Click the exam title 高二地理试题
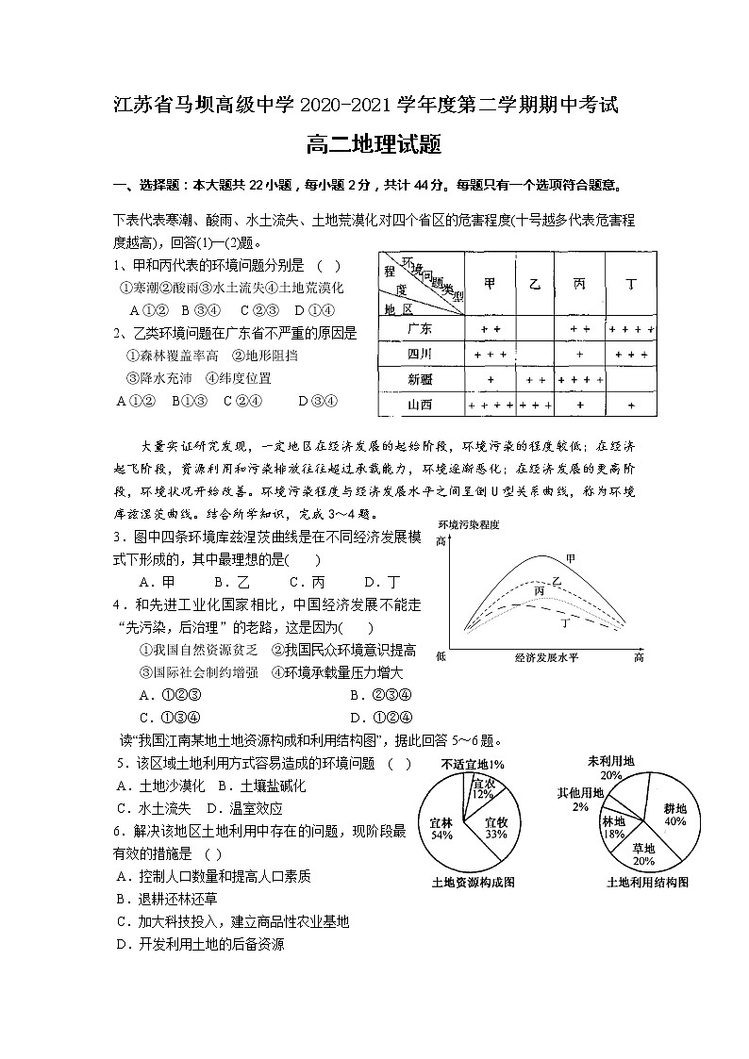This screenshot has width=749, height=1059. pos(374,145)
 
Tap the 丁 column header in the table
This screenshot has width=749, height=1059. pos(631,283)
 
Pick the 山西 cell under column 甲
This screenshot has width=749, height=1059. pos(490,405)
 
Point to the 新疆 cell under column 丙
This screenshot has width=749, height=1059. pos(579,379)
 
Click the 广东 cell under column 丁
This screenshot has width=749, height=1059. pos(631,329)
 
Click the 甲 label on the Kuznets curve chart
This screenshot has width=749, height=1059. pos(571,558)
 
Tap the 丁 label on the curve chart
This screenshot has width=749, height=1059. pos(565,623)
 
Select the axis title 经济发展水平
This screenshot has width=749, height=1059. pos(546,656)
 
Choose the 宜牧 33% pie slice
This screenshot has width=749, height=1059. pos(496,828)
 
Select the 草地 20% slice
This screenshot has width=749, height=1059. pos(643,854)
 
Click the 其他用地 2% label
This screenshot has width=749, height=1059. pos(579,799)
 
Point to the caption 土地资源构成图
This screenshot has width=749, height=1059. pos(473,883)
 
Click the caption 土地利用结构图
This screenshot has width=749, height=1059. pos(647,882)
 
